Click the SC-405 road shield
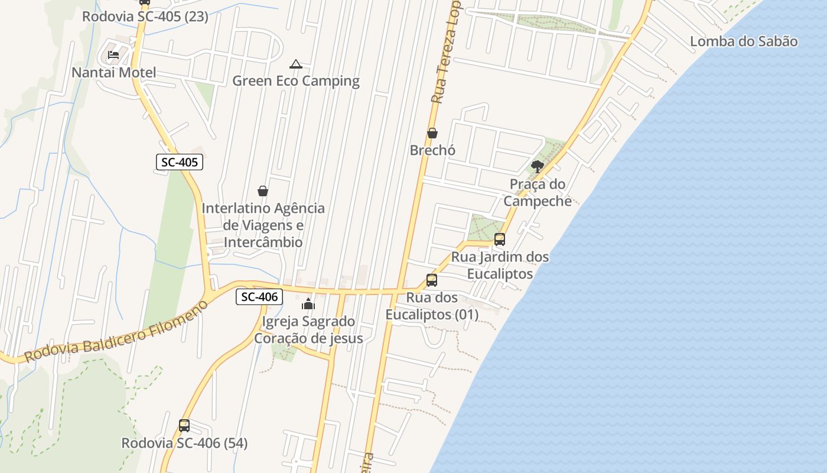tap(180, 162)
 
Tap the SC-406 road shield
tap(259, 297)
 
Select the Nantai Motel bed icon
tap(113, 56)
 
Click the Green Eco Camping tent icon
tap(296, 64)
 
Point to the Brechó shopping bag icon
tap(432, 133)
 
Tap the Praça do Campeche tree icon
tap(537, 166)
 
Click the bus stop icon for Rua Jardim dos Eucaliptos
tap(500, 239)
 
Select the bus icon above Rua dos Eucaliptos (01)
tap(432, 280)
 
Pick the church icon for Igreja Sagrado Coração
tap(308, 304)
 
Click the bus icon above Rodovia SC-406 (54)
tap(184, 426)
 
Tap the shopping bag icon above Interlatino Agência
tap(263, 191)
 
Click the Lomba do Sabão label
tap(744, 41)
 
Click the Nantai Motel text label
tap(114, 73)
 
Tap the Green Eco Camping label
tap(296, 81)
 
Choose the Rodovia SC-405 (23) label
tap(145, 17)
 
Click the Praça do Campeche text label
tap(538, 193)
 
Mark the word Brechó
tap(432, 150)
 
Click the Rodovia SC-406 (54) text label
tap(184, 443)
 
